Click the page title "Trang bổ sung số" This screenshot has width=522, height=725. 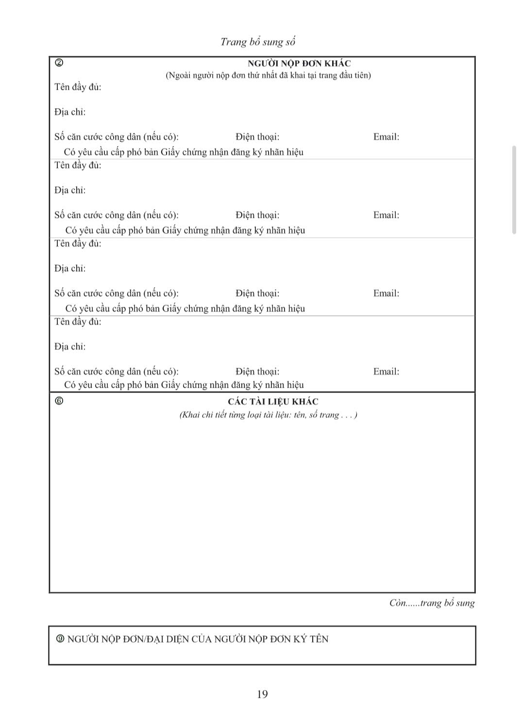coord(258,42)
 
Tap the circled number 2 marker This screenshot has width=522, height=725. coord(59,62)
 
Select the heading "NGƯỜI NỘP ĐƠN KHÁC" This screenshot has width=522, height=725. coord(299,64)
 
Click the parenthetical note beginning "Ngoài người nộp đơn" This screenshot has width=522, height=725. coord(268,75)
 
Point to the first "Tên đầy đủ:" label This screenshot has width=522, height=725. coord(78,87)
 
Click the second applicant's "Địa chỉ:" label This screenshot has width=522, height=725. coord(70,190)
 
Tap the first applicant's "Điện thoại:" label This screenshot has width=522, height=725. coord(257,137)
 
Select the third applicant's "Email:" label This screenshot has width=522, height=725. coord(386,293)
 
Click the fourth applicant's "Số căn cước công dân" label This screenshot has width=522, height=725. coord(116,372)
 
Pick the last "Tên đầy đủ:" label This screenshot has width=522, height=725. coord(78,322)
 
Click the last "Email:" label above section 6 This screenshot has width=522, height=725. coord(386,372)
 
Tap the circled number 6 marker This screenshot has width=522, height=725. coord(59,401)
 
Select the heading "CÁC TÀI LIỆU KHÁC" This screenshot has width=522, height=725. coord(273,402)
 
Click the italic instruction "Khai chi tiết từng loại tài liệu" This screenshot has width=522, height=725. coord(268,415)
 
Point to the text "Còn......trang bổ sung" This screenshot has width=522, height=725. coord(432,603)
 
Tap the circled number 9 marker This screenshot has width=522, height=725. coord(60,639)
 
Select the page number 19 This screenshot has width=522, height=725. coord(262,694)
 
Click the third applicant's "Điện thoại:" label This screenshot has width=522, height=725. coord(257,293)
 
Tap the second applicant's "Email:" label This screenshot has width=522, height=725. coord(386,215)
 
